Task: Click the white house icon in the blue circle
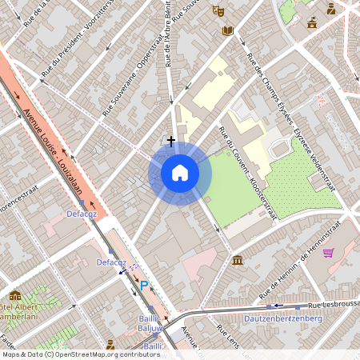click(x=180, y=172)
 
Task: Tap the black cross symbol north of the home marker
click(x=170, y=140)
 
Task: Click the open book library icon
click(x=227, y=30)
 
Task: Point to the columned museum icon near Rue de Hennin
click(x=238, y=260)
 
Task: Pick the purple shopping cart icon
click(x=328, y=253)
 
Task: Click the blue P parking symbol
click(x=144, y=285)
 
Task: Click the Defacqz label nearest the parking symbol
click(x=111, y=262)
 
